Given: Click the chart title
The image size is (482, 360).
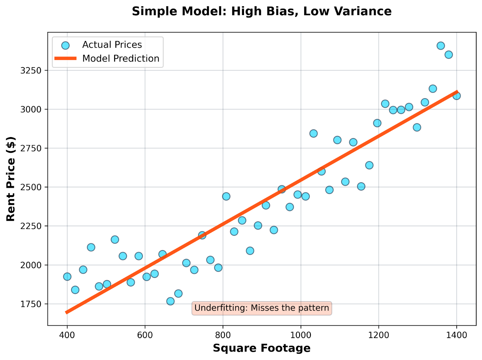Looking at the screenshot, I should (261, 11).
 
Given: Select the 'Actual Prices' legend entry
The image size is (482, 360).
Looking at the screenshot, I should (112, 45).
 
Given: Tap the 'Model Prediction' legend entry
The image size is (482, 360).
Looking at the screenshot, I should (120, 58).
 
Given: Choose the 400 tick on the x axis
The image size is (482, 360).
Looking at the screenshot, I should (67, 335).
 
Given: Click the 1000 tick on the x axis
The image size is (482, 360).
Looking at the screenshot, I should (301, 335).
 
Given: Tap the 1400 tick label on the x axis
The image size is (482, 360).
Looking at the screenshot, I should (456, 335).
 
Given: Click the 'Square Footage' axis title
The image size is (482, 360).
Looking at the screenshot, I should (261, 348).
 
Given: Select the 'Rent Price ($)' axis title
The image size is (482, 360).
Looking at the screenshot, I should (11, 179).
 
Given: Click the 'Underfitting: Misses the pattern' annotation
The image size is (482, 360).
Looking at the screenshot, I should (261, 308).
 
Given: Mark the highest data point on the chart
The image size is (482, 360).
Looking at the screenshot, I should (441, 46).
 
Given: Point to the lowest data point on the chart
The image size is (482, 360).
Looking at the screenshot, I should (171, 301).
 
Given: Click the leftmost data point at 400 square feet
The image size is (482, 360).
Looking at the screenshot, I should (67, 277).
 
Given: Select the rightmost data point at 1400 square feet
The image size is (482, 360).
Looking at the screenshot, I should (456, 96).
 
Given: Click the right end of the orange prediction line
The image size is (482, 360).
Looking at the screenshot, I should (457, 92).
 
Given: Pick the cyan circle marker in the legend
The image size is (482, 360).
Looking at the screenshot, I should (65, 45).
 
